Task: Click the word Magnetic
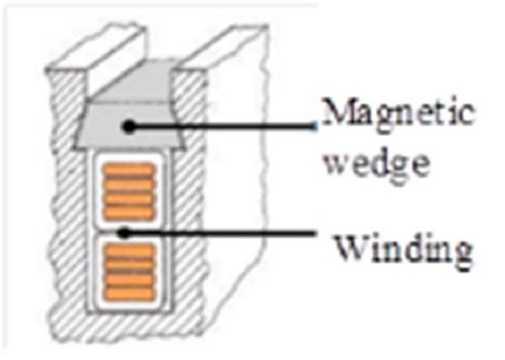click(398, 114)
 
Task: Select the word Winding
click(402, 250)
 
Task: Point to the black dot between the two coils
click(124, 232)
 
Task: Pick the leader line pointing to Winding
click(233, 232)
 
